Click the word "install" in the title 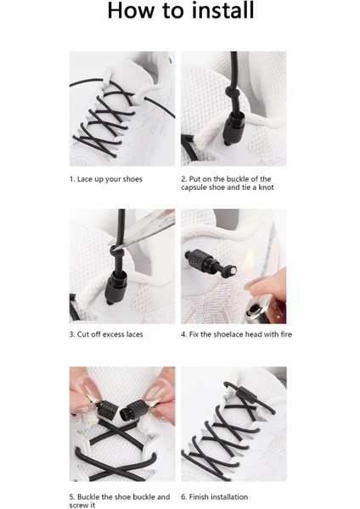(223, 10)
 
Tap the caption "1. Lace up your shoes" (106, 179)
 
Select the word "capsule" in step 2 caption (194, 187)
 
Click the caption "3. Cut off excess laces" (106, 334)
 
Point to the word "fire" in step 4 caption (285, 334)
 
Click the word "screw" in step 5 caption (78, 505)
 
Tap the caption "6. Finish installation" (215, 497)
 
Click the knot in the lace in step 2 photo (233, 94)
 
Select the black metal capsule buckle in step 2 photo (234, 129)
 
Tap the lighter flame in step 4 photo (250, 261)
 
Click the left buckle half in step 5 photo (105, 410)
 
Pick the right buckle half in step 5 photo (134, 411)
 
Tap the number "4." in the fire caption (184, 334)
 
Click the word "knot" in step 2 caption (266, 187)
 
